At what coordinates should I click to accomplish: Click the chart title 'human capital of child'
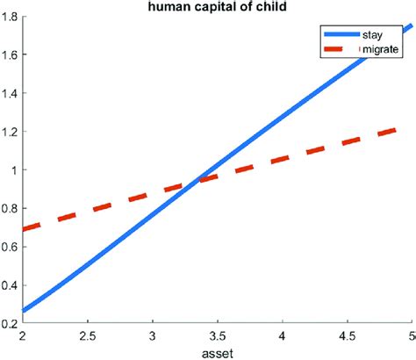[206, 8]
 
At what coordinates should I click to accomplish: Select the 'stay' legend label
[371, 34]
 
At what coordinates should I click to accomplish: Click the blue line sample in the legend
[339, 34]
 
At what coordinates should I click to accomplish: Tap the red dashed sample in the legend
[339, 50]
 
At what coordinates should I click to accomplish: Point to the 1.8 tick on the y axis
[11, 16]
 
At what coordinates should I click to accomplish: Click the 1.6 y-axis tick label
[11, 54]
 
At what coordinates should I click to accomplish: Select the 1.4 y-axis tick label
[11, 93]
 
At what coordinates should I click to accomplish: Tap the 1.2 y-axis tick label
[11, 132]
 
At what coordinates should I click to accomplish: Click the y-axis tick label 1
[17, 169]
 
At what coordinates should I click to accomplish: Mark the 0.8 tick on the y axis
[11, 208]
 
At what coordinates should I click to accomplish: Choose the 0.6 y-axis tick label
[11, 247]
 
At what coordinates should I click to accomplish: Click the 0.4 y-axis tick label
[11, 285]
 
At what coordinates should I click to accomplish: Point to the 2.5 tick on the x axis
[88, 335]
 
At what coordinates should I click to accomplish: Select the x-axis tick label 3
[153, 335]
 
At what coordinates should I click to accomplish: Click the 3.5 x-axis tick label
[217, 335]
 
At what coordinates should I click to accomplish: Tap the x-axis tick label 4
[282, 335]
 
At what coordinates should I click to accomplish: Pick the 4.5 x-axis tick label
[346, 335]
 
